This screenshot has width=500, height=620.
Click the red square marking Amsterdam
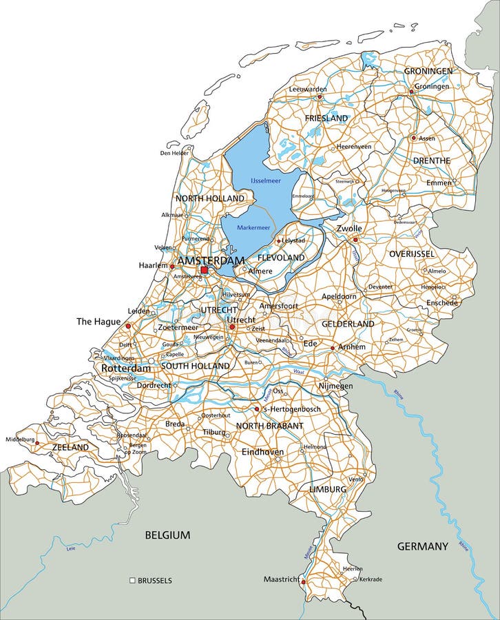point(204,270)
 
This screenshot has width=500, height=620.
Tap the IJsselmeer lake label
point(266,180)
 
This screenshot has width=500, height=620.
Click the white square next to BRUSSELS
point(132,581)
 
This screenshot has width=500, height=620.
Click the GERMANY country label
point(422,546)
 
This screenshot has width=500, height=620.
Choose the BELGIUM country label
point(167,535)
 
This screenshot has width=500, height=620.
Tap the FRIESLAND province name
point(326,118)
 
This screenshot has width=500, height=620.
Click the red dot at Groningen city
point(411,91)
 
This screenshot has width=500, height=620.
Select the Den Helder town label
point(174,153)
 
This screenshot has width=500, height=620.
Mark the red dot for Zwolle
point(355,240)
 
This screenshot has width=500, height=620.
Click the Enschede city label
point(441,302)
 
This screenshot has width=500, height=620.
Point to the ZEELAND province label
point(70,447)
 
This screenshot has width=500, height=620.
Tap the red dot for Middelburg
point(37,444)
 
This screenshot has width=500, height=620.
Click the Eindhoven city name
point(262,452)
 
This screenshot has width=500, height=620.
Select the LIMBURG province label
point(327,488)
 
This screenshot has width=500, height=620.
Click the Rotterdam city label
point(125,369)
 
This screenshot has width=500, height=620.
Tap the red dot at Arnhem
point(333,348)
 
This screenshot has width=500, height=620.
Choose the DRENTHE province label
point(431,161)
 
